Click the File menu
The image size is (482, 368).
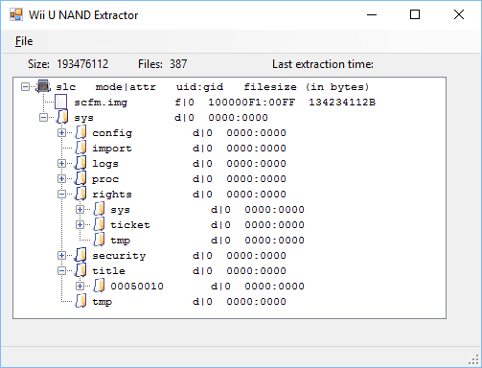[24, 41]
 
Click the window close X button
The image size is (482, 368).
[459, 14]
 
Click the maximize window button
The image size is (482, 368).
[415, 14]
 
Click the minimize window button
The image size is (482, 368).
[372, 14]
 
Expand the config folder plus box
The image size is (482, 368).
[61, 132]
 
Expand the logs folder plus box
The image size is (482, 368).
[61, 163]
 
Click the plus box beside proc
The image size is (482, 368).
[61, 178]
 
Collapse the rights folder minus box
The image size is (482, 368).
[61, 194]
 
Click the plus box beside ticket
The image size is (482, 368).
[80, 224]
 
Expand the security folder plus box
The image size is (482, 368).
[61, 255]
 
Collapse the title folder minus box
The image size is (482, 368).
[61, 270]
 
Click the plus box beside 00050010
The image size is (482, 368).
[80, 286]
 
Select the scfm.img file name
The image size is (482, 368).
[101, 103]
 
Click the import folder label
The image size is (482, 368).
[112, 149]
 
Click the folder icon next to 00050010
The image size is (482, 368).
[100, 286]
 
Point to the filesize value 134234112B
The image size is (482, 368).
[342, 103]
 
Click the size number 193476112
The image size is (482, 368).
[82, 64]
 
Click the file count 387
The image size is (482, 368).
[178, 64]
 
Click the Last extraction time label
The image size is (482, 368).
[323, 64]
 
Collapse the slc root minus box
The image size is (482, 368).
[25, 86]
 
